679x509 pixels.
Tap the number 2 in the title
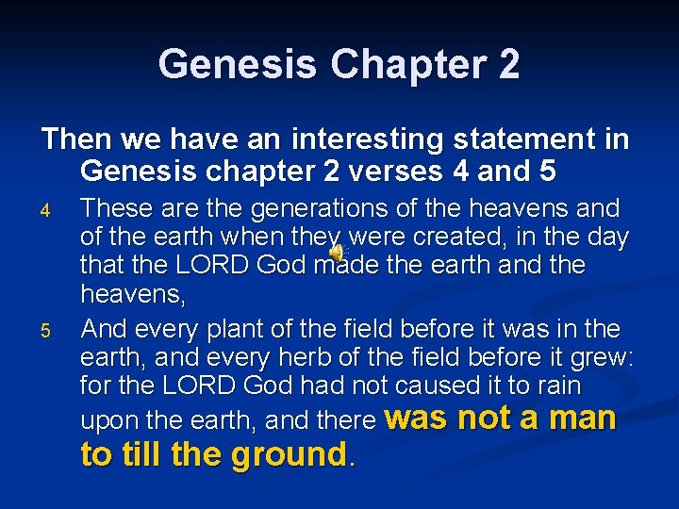pyautogui.click(x=506, y=64)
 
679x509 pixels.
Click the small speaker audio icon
pyautogui.click(x=337, y=249)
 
